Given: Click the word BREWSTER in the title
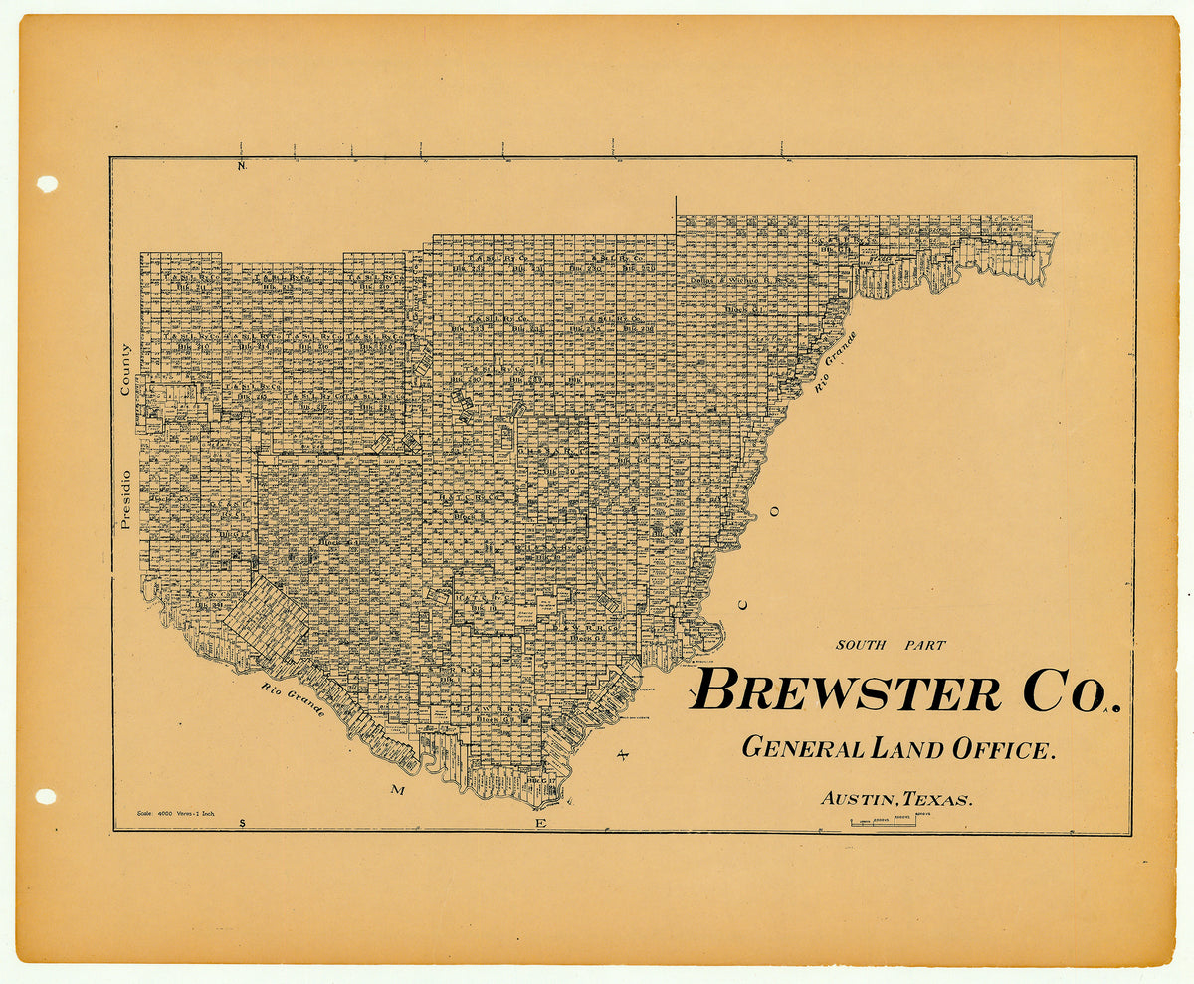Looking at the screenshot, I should [847, 690].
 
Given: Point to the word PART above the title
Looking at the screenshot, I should [923, 645].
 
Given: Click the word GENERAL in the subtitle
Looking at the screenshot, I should [803, 747].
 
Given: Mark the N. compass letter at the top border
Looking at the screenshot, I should [241, 166].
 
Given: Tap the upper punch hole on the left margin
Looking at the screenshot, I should [47, 183].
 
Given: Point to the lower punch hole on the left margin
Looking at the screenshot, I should [46, 796].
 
